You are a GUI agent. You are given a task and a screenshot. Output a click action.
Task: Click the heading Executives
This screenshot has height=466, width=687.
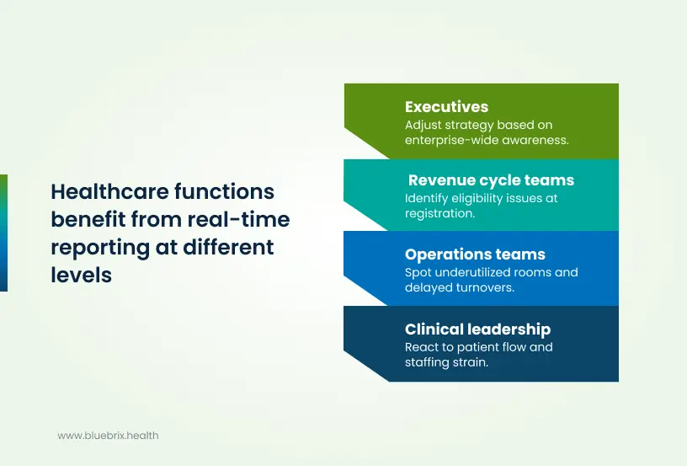click(446, 107)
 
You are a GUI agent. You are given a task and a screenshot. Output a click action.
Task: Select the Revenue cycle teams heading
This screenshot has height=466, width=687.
click(491, 180)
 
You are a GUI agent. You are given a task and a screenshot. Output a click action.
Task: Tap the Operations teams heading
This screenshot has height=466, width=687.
click(475, 254)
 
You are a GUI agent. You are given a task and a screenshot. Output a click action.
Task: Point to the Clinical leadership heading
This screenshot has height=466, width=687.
click(477, 329)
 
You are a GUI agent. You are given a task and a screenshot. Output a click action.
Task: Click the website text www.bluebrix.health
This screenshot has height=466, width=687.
click(108, 436)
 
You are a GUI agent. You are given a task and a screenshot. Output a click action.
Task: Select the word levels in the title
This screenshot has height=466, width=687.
click(82, 276)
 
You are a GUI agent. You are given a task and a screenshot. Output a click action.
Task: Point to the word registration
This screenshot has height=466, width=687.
click(440, 214)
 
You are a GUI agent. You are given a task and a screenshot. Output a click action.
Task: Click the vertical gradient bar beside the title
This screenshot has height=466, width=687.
click(3, 233)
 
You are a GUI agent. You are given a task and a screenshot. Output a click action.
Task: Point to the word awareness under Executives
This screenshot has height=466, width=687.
click(537, 140)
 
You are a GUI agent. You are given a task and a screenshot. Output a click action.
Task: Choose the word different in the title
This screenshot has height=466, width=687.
click(230, 248)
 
